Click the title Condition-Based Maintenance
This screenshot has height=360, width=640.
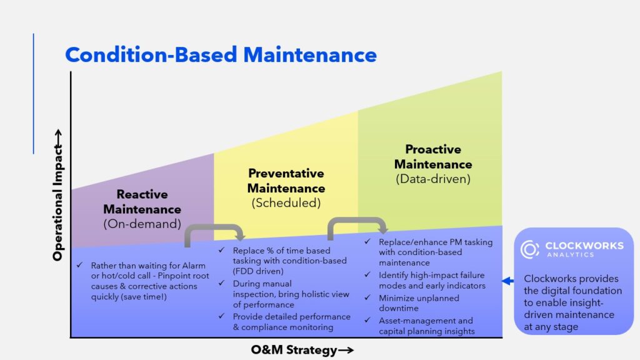[221, 55]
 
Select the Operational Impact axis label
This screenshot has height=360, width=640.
[58, 195]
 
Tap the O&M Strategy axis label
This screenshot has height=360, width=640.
[302, 350]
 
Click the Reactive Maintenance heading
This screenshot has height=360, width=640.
[142, 202]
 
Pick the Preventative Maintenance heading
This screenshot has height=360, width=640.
[286, 181]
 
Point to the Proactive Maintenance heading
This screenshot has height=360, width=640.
[433, 157]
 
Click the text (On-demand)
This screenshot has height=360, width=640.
[142, 224]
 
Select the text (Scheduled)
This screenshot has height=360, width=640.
[286, 203]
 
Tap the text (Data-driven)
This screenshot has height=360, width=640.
[433, 179]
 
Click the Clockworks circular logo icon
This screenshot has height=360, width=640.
[530, 249]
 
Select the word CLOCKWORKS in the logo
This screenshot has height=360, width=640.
[584, 246]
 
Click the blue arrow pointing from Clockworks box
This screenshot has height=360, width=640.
[507, 281]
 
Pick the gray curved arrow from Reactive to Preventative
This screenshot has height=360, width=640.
[214, 228]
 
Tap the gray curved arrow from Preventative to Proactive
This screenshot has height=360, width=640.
[357, 221]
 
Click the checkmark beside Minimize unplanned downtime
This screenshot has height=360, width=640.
[367, 297]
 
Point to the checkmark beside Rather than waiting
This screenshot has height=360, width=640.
[79, 265]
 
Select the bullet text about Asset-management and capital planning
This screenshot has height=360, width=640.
[426, 326]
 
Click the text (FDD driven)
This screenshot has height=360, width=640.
[258, 271]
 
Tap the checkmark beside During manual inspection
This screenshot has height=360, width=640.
[222, 283]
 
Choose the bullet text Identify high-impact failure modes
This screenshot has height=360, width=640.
[432, 281]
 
